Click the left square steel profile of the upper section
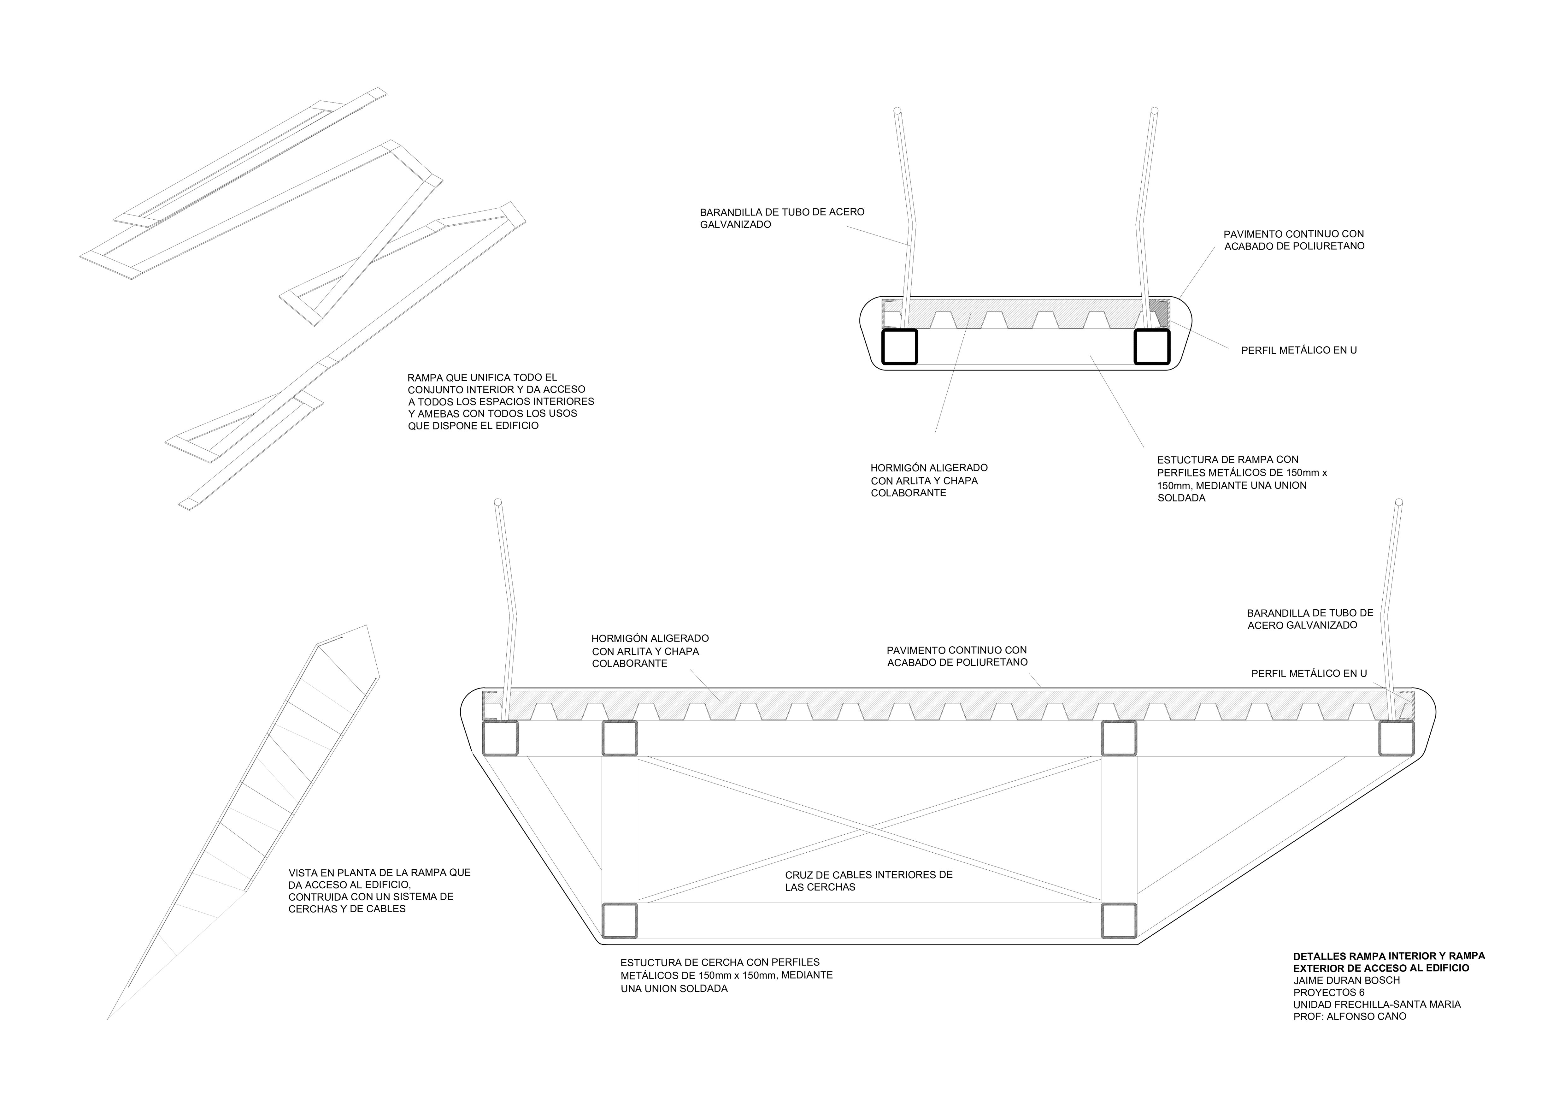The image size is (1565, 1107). [x=900, y=347]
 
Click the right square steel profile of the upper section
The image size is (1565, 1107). [x=1152, y=347]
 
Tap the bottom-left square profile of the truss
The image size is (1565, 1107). [x=620, y=921]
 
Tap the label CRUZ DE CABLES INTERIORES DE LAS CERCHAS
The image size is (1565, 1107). [x=869, y=881]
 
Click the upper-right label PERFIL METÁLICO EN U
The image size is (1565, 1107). [x=1299, y=350]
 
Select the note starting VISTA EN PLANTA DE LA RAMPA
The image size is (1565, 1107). [x=380, y=890]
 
